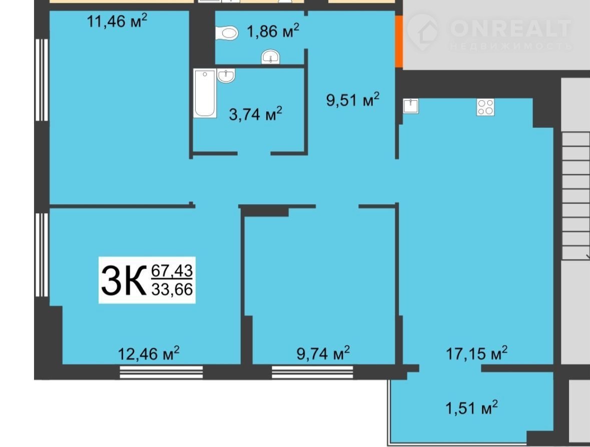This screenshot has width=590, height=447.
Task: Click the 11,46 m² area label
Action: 117,21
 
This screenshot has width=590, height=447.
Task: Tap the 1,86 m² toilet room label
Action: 273,31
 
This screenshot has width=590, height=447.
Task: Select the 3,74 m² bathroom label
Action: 256,114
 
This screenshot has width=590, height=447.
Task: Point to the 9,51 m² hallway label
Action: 353,100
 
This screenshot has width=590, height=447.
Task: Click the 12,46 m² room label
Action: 149,353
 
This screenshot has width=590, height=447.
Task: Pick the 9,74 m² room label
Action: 323,353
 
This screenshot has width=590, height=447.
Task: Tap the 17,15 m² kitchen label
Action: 477,353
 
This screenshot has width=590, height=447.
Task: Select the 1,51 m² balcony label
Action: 471,407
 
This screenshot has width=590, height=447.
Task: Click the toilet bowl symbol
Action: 227,33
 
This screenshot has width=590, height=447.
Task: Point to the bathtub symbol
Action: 205,93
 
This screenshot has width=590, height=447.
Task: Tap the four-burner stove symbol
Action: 485,107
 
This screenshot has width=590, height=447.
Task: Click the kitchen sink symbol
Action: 410,106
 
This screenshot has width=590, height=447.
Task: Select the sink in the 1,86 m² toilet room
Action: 270,57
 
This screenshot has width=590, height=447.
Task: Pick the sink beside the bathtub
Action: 226,75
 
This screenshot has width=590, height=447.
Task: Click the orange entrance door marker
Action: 399,42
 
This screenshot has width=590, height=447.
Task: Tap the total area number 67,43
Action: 172,270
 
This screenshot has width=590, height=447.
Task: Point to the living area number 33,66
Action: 172,289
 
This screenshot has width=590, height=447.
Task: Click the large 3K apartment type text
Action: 124,280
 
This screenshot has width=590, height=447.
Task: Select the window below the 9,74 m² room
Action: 312,372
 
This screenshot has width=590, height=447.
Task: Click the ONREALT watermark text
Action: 510,28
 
